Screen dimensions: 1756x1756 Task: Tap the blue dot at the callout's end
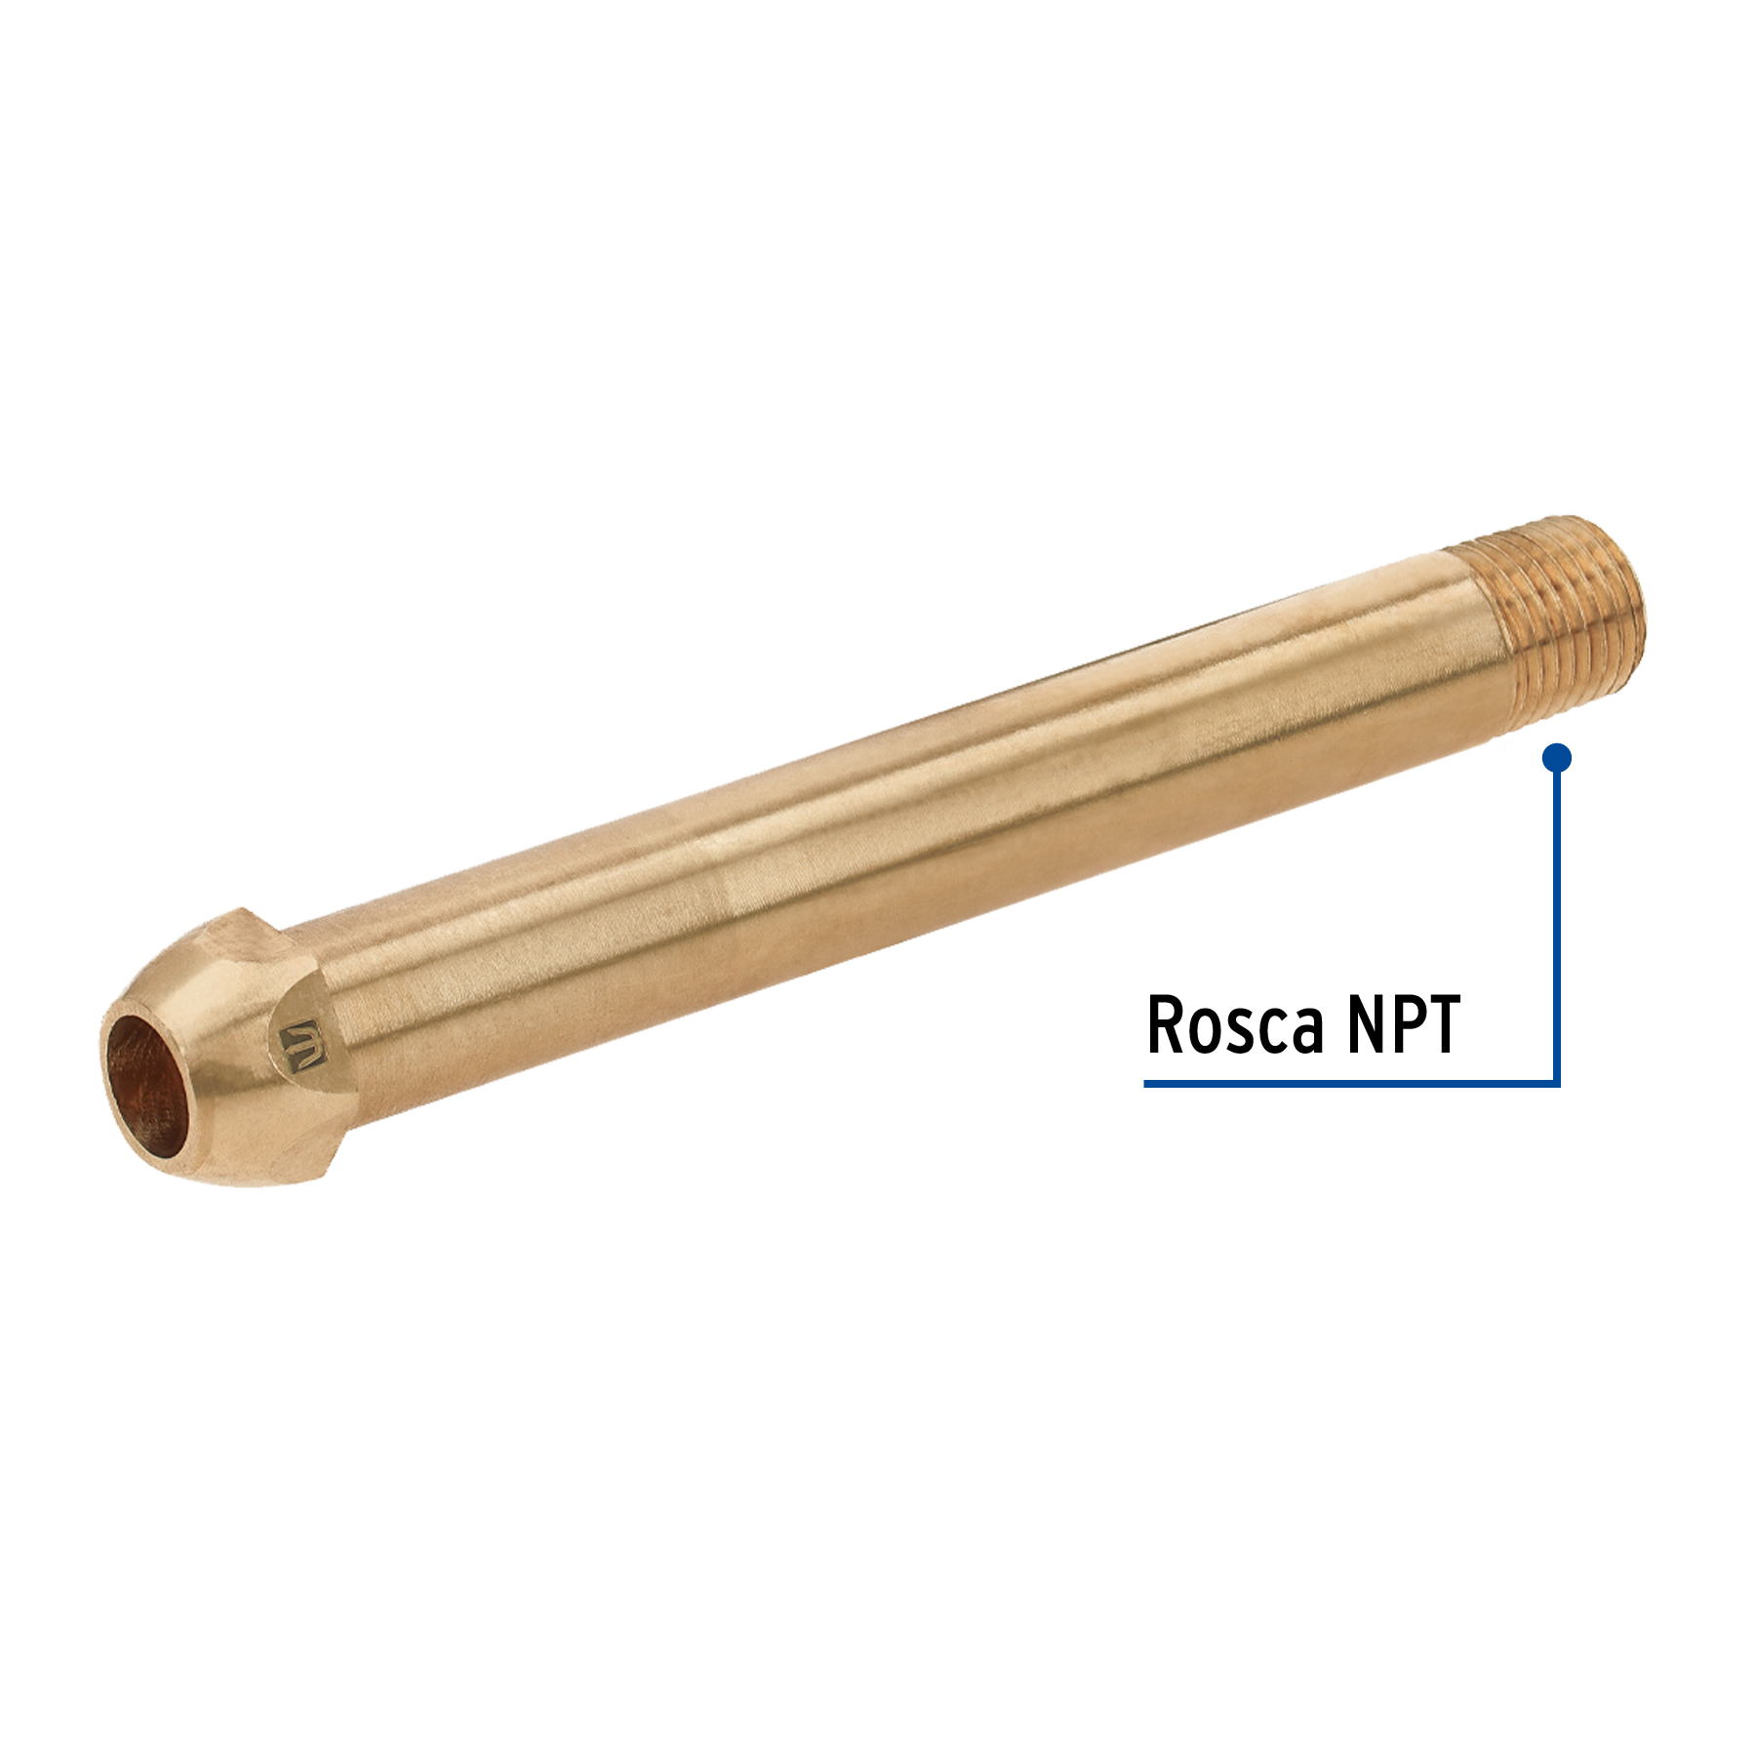coord(1557,757)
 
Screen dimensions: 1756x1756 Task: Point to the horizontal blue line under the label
coord(1352,1082)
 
